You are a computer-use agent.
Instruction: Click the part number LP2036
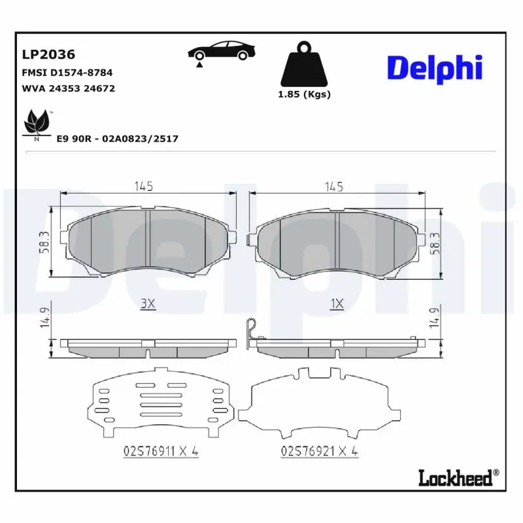coord(49,54)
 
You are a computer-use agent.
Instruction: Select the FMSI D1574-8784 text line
coord(66,73)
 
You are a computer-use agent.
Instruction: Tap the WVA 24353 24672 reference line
coord(69,88)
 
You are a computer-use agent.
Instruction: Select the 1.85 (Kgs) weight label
coord(305,94)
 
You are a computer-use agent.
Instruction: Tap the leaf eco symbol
coord(35,123)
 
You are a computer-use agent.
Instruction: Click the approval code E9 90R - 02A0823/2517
coord(118,139)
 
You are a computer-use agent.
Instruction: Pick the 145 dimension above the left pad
coord(144,186)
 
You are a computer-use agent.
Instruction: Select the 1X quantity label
coord(337,303)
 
